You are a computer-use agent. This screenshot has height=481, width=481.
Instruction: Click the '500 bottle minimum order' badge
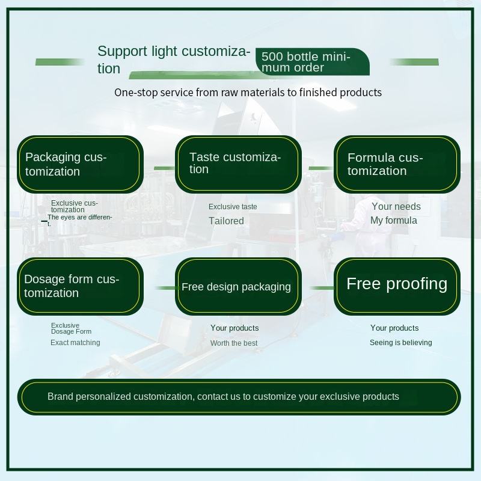pos(312,62)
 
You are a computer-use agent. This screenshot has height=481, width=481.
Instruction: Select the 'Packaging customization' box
pos(80,164)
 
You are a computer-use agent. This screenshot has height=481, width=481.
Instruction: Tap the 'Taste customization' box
pos(238,164)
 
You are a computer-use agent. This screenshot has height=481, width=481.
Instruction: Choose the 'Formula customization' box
pos(397,164)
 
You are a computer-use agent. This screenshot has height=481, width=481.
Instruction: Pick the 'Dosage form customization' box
pos(80,286)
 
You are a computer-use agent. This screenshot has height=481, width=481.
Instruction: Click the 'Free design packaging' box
pos(238,286)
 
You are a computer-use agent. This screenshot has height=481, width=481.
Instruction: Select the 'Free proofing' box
pos(397,286)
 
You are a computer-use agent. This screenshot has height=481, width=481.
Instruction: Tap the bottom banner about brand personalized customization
pos(239,397)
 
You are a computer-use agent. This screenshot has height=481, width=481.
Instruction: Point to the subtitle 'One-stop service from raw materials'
pos(248,93)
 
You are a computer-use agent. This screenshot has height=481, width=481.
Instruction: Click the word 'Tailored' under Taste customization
pos(227,221)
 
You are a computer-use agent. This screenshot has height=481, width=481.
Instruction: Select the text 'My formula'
pos(394,220)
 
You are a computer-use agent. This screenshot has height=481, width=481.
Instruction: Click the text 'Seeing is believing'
pos(400,343)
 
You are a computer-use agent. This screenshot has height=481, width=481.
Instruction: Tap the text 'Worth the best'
pos(234,343)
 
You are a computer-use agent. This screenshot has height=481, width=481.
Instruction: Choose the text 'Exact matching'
pos(75,343)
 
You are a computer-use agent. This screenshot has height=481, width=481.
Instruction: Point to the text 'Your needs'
pos(396,206)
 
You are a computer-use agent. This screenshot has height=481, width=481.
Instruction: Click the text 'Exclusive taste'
pos(233,207)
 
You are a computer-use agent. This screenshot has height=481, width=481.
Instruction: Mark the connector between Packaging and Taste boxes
pos(164,168)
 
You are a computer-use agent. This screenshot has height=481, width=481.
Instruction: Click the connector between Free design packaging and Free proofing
pos(322,288)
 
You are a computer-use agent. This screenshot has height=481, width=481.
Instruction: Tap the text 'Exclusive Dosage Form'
pos(71,328)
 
